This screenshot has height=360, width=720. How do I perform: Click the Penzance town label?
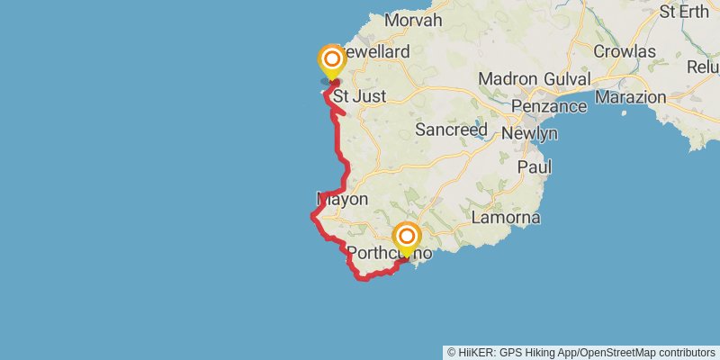click(548, 107)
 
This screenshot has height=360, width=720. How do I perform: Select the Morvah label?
click(412, 20)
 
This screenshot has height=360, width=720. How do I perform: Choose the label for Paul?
click(534, 166)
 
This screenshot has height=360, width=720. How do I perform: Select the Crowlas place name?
click(624, 51)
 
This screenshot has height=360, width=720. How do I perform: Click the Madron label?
click(507, 79)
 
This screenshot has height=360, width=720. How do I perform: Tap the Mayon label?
click(343, 199)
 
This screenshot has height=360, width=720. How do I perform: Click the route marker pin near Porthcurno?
click(407, 237)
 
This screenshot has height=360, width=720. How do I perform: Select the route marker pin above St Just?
click(332, 60)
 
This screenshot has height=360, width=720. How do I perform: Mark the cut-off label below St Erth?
click(703, 67)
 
